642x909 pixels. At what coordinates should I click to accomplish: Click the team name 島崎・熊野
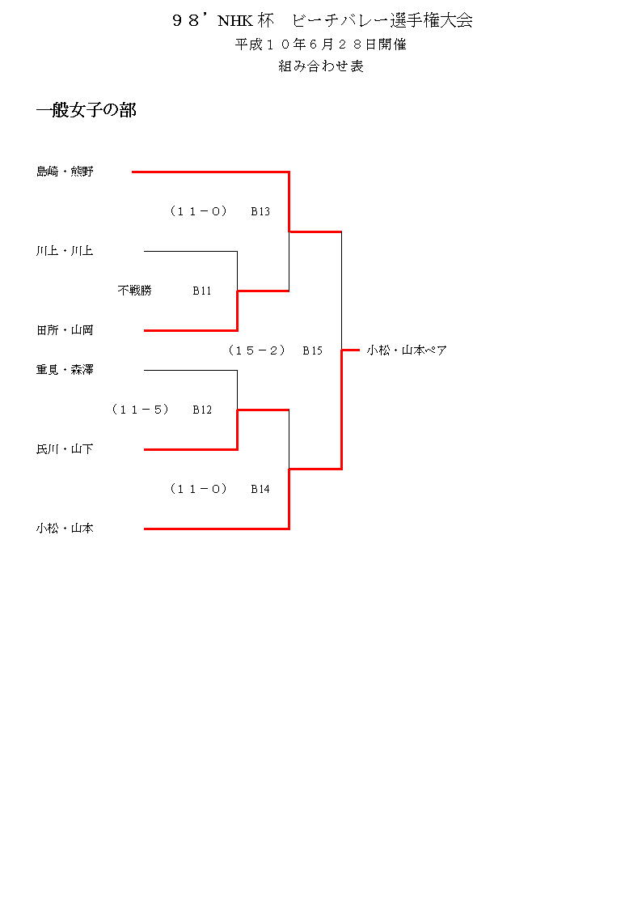(x=65, y=172)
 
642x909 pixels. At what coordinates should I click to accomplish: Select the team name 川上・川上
(x=65, y=251)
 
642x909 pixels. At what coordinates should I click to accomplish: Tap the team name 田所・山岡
(x=65, y=330)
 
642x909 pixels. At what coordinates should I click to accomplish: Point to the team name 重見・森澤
(x=65, y=370)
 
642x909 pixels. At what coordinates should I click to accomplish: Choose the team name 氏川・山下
(x=65, y=449)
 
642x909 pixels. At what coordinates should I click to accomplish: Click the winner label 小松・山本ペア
(x=407, y=350)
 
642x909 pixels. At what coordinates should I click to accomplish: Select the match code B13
(x=260, y=211)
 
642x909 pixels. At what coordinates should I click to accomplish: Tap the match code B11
(x=202, y=291)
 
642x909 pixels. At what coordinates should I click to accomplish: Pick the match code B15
(x=313, y=350)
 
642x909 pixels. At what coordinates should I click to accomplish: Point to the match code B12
(x=202, y=410)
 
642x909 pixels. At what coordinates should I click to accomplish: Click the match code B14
(x=260, y=489)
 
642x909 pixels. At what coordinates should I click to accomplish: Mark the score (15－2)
(x=256, y=350)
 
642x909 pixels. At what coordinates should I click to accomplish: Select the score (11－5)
(x=140, y=410)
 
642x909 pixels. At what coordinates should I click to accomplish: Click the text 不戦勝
(x=134, y=291)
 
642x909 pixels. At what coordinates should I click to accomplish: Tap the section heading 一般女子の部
(x=87, y=111)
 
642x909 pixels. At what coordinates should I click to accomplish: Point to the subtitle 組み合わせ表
(x=321, y=67)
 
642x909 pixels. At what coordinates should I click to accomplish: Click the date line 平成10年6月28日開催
(x=321, y=45)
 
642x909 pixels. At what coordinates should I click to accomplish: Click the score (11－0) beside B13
(x=198, y=211)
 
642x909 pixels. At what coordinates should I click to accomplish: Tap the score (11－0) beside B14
(x=198, y=489)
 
